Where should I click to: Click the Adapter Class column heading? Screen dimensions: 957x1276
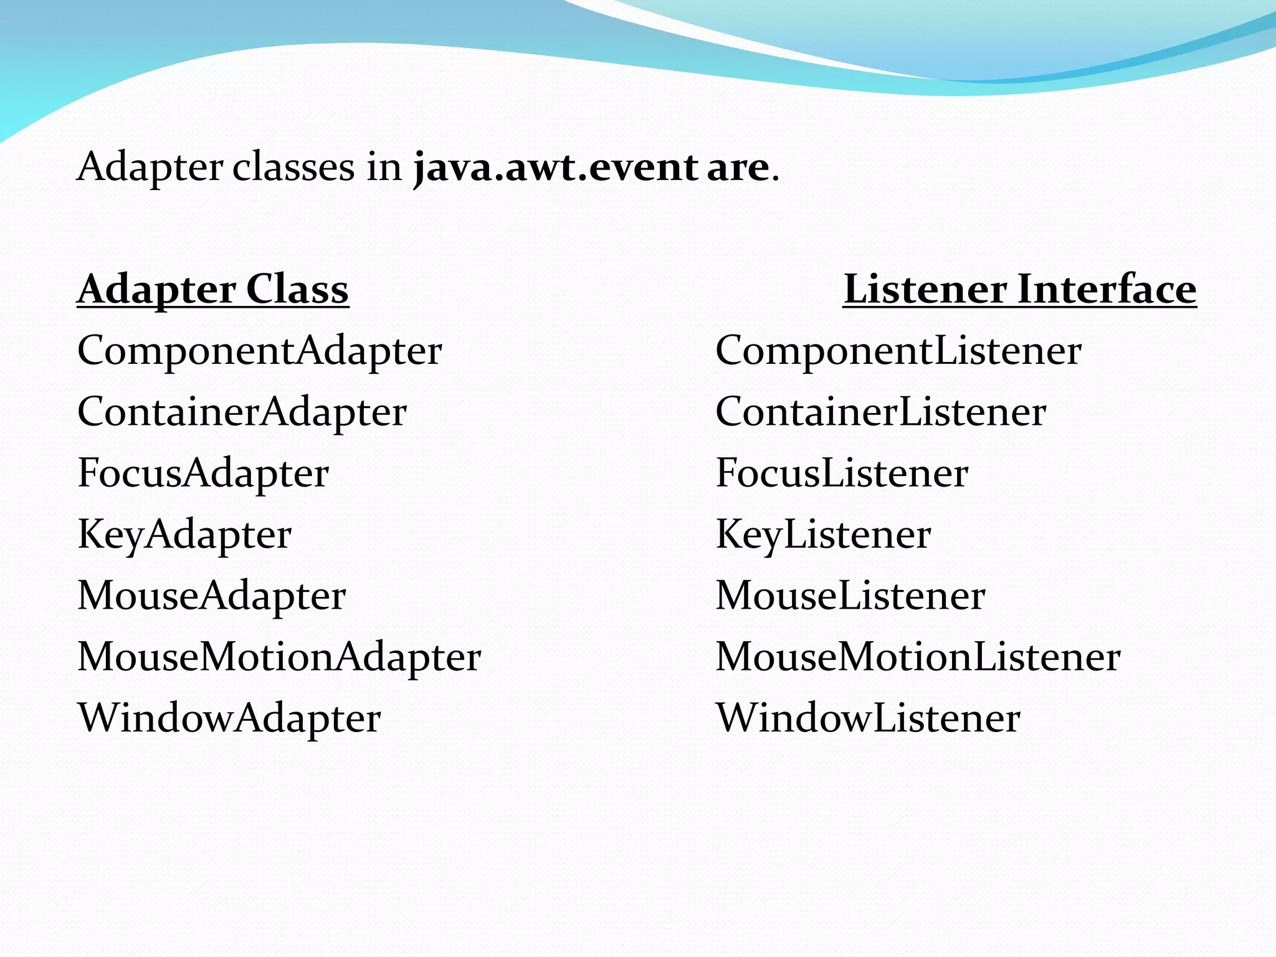212,290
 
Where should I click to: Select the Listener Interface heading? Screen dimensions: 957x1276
1019,290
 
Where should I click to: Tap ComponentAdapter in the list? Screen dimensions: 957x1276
259,351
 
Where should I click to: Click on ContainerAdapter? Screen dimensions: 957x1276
242,412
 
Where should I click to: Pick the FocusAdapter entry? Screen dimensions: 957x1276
202,473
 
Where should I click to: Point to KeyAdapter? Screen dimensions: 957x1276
184,535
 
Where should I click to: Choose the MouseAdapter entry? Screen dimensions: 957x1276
211,596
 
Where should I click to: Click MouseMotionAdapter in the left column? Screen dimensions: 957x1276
279,657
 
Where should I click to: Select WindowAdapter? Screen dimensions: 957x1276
229,718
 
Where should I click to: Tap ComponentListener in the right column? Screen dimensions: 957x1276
898,351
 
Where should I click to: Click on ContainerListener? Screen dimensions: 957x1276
880,412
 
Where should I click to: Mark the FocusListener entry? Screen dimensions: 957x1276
841,473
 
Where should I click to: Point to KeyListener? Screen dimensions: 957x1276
822,535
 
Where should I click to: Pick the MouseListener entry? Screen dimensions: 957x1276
850,596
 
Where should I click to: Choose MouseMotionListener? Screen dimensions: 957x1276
917,657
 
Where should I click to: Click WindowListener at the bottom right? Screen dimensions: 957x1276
867,718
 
